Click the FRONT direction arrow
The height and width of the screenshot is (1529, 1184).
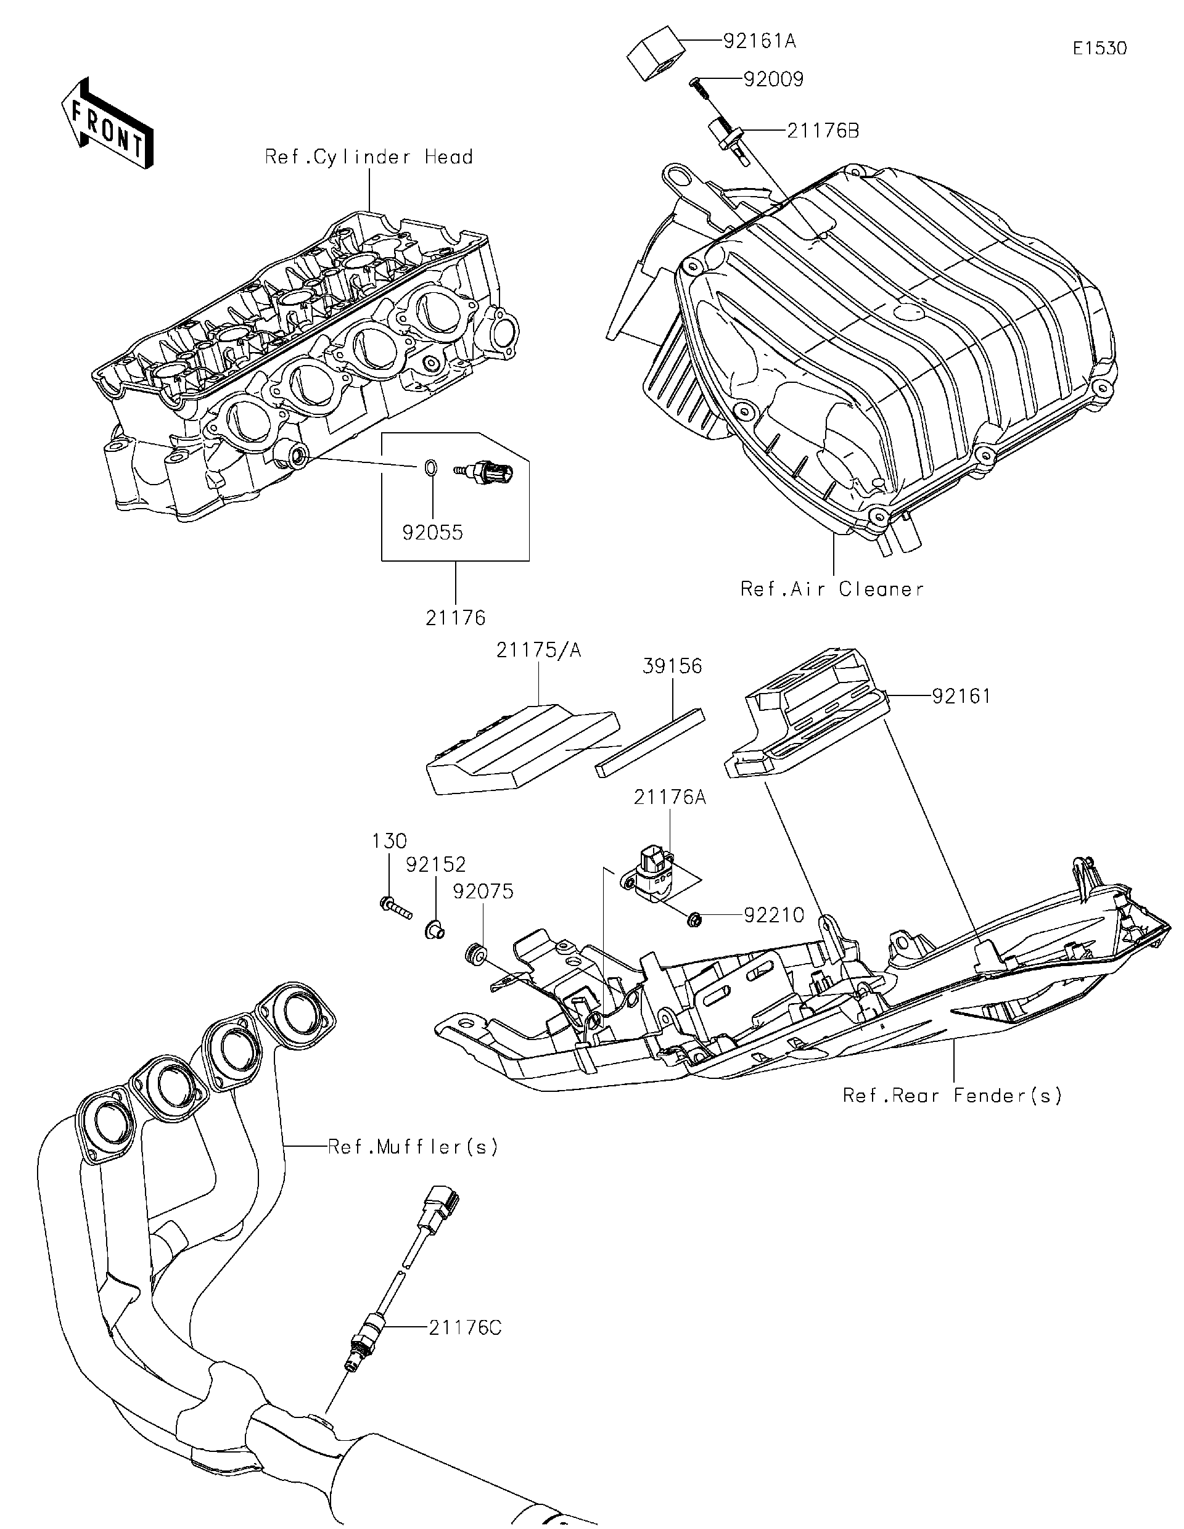(107, 123)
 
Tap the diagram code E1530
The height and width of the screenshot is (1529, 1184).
(1100, 49)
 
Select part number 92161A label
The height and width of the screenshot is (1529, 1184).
(759, 41)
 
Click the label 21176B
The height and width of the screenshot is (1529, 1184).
(822, 131)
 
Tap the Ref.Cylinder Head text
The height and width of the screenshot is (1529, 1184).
(368, 157)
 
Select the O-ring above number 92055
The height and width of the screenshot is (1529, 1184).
(432, 466)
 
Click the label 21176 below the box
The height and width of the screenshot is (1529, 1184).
(455, 618)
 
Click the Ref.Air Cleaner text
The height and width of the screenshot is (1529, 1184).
(832, 589)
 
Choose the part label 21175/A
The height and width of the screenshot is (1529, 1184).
(538, 650)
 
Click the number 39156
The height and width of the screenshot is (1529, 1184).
(672, 666)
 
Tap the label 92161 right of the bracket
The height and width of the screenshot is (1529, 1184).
(961, 696)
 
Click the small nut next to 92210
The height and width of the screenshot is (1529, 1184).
(694, 919)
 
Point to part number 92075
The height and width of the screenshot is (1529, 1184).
(483, 892)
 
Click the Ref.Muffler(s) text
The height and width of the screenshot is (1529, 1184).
(413, 1147)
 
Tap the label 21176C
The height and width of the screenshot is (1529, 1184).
(465, 1327)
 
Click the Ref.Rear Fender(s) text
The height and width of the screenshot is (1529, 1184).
(952, 1096)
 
